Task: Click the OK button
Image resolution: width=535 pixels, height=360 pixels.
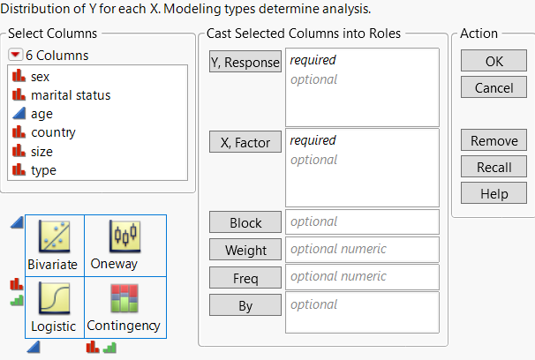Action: [x=494, y=62]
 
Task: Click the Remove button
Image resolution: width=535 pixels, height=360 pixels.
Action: [x=494, y=141]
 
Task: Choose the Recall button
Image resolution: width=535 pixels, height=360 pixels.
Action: [x=494, y=167]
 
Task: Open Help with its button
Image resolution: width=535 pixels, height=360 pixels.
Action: [x=494, y=192]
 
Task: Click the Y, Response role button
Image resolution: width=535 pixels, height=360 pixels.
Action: [x=245, y=62]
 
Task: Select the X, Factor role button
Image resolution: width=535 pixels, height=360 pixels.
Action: [x=245, y=141]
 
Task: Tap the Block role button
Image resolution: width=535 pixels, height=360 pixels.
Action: [x=245, y=222]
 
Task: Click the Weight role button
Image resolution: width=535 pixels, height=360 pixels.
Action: [x=245, y=250]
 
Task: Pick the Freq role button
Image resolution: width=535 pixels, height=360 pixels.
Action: [x=245, y=278]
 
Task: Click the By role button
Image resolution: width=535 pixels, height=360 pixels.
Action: [x=245, y=304]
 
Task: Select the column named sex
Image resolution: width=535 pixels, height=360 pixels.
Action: [x=40, y=77]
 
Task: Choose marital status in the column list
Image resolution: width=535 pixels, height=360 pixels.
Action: [x=71, y=95]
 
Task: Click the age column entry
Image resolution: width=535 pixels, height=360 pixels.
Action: [x=42, y=114]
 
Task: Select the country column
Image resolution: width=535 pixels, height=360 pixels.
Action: [x=53, y=132]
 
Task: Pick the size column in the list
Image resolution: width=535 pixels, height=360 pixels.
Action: [x=41, y=151]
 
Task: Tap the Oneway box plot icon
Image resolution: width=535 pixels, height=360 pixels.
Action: [x=124, y=236]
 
